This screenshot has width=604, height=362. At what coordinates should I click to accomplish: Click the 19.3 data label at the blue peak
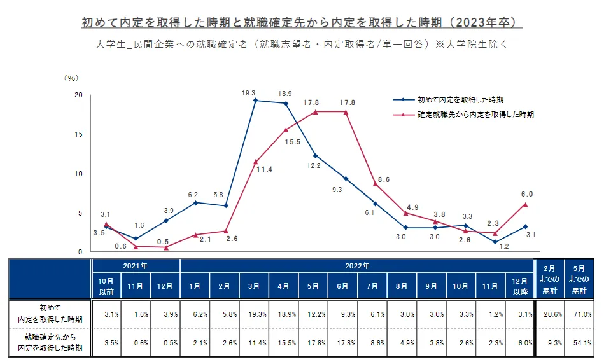[x=248, y=93]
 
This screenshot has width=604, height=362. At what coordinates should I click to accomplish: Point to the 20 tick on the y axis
[x=78, y=95]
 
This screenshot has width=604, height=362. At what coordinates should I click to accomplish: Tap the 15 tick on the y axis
[x=78, y=135]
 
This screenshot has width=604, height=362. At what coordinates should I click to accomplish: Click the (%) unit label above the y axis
[x=71, y=78]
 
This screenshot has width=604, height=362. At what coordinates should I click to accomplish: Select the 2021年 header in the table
[x=136, y=265]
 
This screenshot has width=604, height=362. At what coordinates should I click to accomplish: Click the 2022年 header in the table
[x=356, y=265]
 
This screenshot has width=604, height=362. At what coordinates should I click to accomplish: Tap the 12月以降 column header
[x=520, y=286]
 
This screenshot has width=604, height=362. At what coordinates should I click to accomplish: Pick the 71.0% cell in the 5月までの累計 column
[x=581, y=314]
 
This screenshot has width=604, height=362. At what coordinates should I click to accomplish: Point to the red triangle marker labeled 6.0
[x=525, y=205]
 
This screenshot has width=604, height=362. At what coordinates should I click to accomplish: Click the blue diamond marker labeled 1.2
[x=495, y=242]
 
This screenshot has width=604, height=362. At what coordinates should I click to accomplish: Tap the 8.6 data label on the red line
[x=384, y=179]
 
